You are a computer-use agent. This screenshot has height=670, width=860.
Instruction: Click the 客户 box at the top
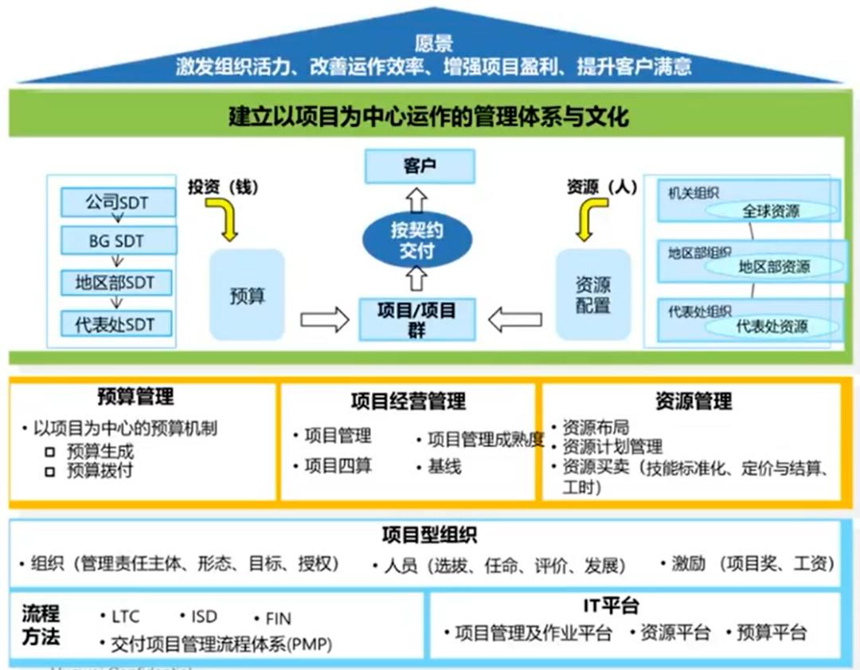tap(419, 167)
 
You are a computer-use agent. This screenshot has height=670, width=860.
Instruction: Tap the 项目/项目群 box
tap(416, 319)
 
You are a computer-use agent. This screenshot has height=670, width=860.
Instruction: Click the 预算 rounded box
tap(247, 296)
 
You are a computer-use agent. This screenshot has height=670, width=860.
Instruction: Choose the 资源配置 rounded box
tap(592, 295)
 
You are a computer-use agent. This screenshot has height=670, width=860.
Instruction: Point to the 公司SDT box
tap(118, 203)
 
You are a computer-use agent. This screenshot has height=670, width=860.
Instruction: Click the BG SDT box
tap(118, 241)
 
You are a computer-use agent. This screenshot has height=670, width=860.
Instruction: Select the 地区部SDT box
tap(118, 283)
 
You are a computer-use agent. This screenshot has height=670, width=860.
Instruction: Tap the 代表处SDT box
tap(118, 324)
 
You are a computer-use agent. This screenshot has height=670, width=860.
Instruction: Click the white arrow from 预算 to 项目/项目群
tap(324, 320)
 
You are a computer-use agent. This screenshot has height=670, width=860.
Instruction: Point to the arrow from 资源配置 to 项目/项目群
tap(514, 320)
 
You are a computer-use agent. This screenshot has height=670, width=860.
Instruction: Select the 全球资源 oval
tap(771, 211)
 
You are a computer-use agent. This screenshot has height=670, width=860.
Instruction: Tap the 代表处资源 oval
tap(771, 327)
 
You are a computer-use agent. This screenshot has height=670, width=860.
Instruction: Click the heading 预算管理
tap(135, 396)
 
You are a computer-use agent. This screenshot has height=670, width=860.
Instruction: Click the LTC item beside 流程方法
tap(125, 616)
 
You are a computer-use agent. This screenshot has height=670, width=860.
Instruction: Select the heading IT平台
tap(611, 606)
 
